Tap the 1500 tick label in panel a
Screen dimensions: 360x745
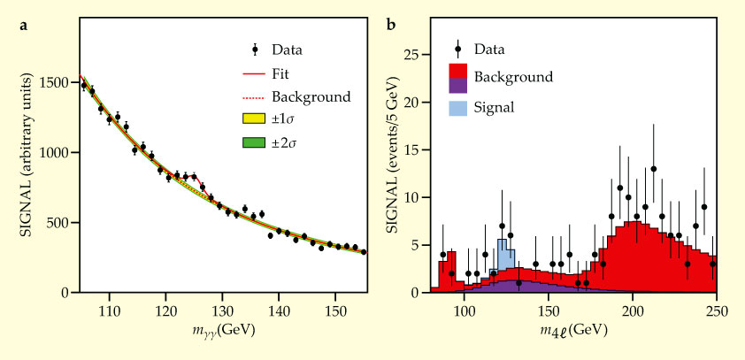(54, 82)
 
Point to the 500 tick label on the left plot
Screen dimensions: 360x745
(58, 223)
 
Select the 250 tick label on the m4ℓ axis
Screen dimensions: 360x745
(717, 311)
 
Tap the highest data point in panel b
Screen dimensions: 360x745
(653, 169)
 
